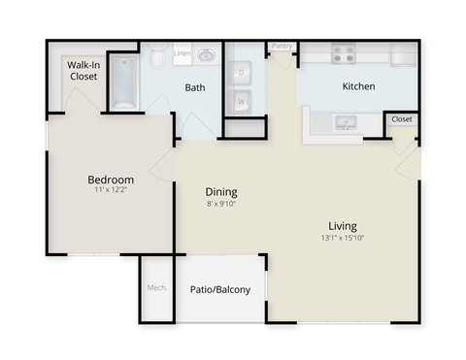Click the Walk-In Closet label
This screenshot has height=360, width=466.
(83, 70)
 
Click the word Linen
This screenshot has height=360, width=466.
(182, 53)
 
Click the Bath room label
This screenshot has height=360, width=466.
(195, 87)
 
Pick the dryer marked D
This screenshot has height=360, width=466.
(243, 73)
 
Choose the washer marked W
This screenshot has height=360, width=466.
(243, 99)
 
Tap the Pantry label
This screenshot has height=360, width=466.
(282, 46)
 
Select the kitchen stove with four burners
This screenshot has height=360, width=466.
(344, 55)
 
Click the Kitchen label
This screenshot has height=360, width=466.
(358, 86)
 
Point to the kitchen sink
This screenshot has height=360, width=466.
(344, 123)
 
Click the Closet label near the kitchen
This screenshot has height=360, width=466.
(401, 119)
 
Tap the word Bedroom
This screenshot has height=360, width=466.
(111, 180)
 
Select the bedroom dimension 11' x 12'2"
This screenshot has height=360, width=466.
(111, 192)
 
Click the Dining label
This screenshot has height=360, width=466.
(221, 192)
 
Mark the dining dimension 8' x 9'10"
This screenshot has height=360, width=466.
(221, 205)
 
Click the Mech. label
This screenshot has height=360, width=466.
(155, 288)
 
